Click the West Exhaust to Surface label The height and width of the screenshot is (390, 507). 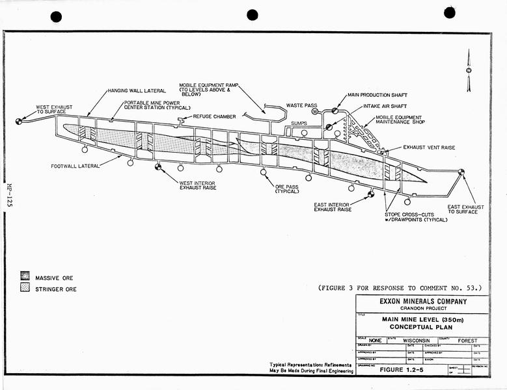[54, 109]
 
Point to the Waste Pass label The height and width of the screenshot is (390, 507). [301, 105]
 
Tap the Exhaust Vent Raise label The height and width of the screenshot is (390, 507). [429, 148]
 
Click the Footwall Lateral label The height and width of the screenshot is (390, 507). [75, 166]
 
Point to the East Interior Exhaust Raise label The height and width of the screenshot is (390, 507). [333, 206]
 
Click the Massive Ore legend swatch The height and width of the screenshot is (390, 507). [25, 277]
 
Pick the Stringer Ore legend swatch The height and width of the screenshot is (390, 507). [25, 288]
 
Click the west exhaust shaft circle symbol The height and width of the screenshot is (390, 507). [19, 121]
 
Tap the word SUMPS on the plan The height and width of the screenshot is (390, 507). [299, 123]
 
